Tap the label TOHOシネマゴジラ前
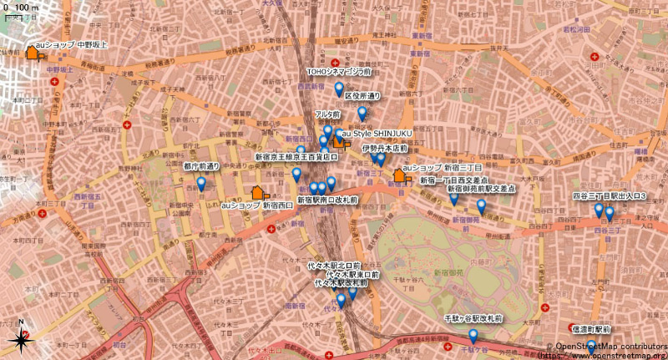pos(339,73)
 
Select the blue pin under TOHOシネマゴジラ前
pos(339,89)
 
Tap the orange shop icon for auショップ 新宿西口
pos(258,193)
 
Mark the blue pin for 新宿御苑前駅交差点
pos(481,205)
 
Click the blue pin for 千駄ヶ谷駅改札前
pos(473,336)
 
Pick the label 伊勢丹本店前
pos(384,148)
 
